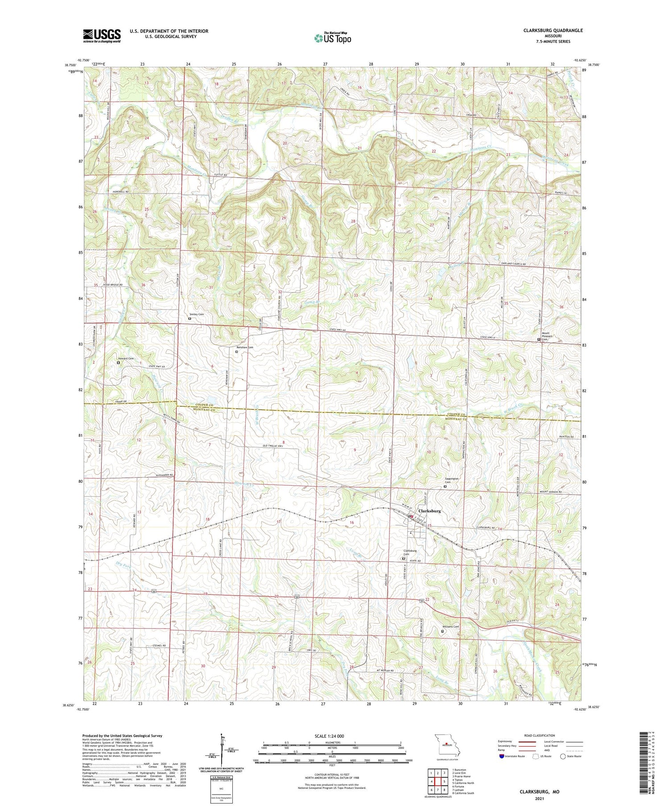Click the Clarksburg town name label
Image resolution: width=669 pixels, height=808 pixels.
click(429, 511)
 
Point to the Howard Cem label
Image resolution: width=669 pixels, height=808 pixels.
click(125, 358)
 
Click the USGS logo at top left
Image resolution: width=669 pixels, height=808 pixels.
click(102, 36)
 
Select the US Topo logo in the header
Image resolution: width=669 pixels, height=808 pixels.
click(332, 38)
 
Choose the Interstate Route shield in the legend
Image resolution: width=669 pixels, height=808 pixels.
click(502, 756)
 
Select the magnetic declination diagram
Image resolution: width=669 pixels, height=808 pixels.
click(220, 749)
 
